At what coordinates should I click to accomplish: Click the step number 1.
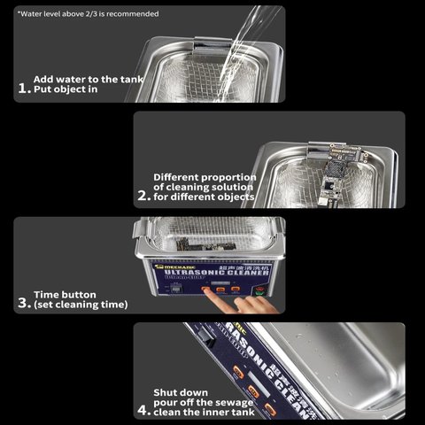click(23, 88)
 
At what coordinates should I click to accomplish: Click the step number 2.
click(143, 196)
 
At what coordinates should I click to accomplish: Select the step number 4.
click(143, 410)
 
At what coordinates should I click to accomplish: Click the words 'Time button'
click(66, 293)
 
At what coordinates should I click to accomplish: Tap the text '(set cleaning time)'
click(81, 305)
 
